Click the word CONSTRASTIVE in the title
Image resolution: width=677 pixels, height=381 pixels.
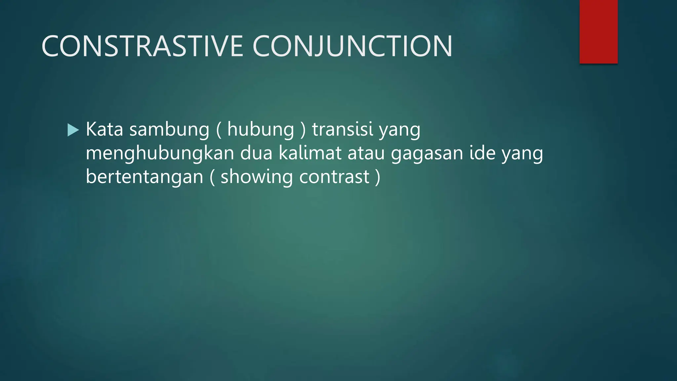142,46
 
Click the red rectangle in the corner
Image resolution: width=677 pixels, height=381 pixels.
598,31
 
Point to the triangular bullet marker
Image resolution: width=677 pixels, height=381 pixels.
73,130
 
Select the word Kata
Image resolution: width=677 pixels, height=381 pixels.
104,129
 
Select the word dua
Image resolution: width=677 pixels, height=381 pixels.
256,153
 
